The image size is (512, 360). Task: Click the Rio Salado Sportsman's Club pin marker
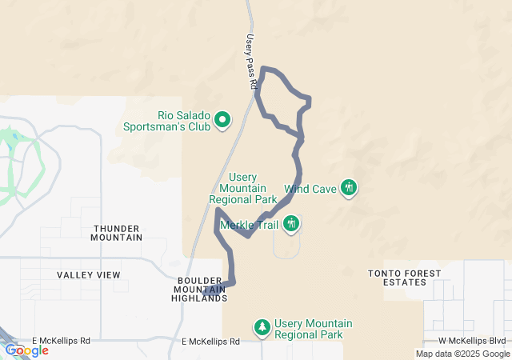pyautogui.click(x=222, y=120)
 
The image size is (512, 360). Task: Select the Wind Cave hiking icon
pyautogui.click(x=348, y=188)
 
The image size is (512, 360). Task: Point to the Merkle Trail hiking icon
pyautogui.click(x=291, y=223)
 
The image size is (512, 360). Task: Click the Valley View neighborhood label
pyautogui.click(x=89, y=274)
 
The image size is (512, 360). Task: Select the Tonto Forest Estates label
pyautogui.click(x=404, y=278)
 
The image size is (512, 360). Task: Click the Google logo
pyautogui.click(x=26, y=350)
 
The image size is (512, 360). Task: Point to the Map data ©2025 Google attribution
pyautogui.click(x=462, y=354)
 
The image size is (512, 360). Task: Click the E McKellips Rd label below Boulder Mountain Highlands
pyautogui.click(x=210, y=342)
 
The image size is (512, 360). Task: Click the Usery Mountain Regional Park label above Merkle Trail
pyautogui.click(x=242, y=188)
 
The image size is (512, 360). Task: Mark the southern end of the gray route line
pyautogui.click(x=205, y=294)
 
